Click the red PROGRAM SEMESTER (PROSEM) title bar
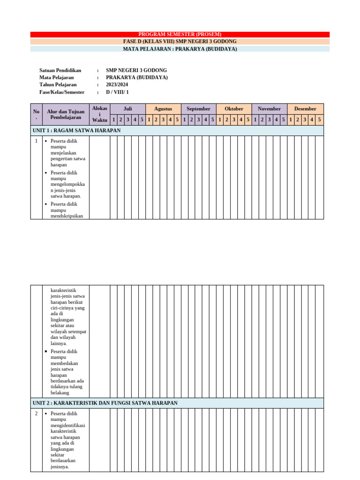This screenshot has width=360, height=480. click(x=180, y=34)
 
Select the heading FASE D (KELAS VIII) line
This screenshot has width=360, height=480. click(x=180, y=42)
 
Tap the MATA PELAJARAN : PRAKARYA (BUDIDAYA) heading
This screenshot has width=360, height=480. click(x=180, y=49)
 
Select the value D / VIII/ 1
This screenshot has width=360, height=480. click(x=117, y=92)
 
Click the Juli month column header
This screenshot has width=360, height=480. click(x=127, y=109)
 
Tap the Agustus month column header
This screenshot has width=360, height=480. click(x=163, y=109)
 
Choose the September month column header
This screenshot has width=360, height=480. click(x=198, y=109)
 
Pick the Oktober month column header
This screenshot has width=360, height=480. click(x=234, y=109)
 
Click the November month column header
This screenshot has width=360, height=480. click(x=269, y=109)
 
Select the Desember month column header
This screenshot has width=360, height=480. click(x=305, y=109)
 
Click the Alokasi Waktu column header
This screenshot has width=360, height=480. click(x=99, y=114)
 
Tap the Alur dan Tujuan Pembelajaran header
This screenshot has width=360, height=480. click(x=66, y=114)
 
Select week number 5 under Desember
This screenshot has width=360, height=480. click(x=319, y=120)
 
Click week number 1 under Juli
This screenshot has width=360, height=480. click(x=113, y=120)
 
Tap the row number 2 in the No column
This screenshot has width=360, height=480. click(x=36, y=414)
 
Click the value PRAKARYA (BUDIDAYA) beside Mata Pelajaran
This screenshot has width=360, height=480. click(x=136, y=77)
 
